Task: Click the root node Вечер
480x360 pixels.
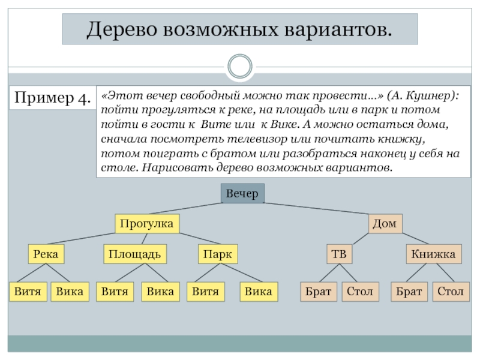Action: [242, 194]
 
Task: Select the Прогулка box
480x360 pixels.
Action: [146, 224]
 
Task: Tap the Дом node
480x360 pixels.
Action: [385, 224]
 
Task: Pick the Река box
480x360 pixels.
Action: [46, 254]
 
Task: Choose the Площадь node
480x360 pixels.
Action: [134, 254]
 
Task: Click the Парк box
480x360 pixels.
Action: [217, 254]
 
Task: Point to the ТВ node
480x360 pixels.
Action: [340, 254]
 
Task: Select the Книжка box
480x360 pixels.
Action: [434, 254]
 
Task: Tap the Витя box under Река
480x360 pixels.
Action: [28, 292]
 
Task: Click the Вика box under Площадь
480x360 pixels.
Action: [160, 292]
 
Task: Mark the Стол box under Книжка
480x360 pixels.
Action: [450, 292]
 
